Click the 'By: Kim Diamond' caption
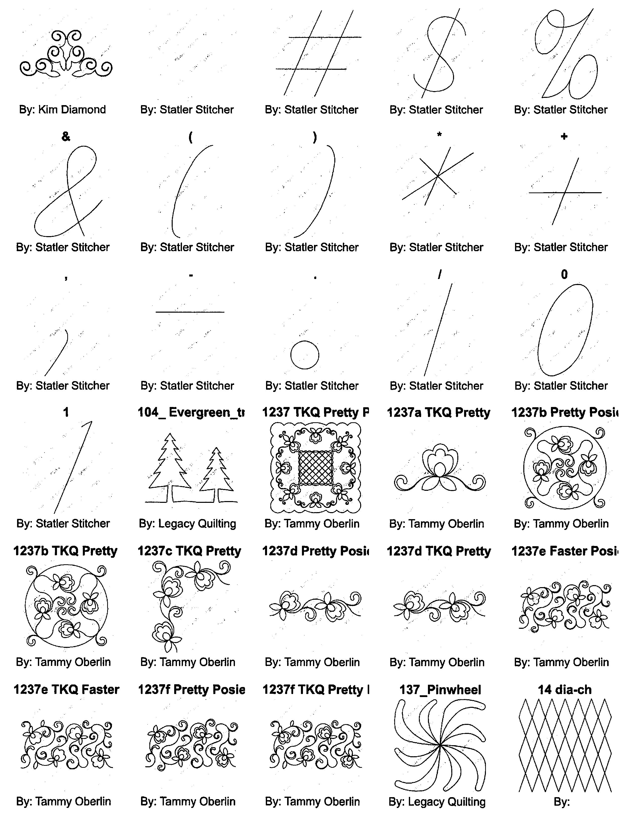point(62,110)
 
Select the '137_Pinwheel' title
point(440,690)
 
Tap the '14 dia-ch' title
point(565,690)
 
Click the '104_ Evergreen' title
point(191,412)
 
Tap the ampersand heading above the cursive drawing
point(66,137)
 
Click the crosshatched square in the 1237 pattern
point(316,468)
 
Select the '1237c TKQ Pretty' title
point(189,551)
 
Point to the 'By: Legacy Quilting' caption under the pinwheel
point(437,802)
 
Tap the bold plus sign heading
point(564,137)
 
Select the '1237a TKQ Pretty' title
point(438,412)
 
